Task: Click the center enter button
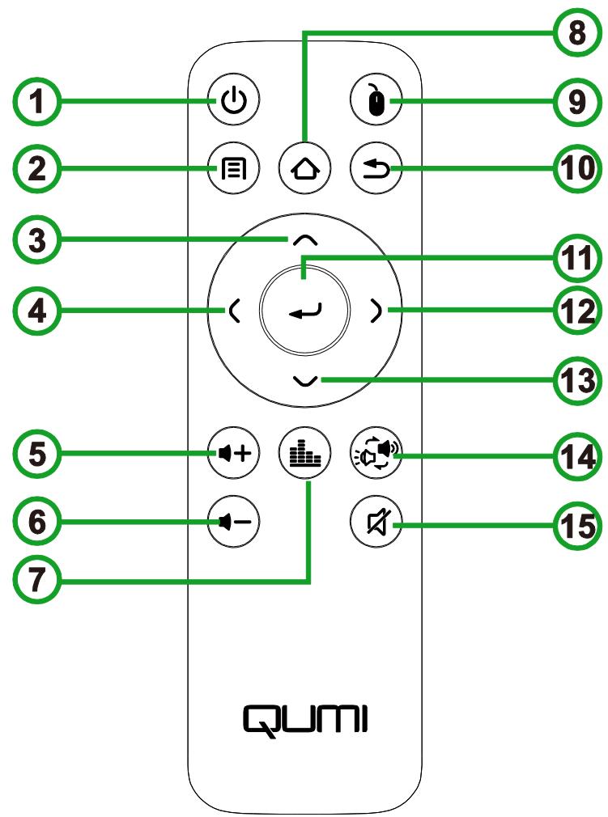pyautogui.click(x=304, y=308)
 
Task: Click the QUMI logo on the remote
pyautogui.click(x=305, y=716)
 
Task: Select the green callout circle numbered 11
pyautogui.click(x=572, y=260)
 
